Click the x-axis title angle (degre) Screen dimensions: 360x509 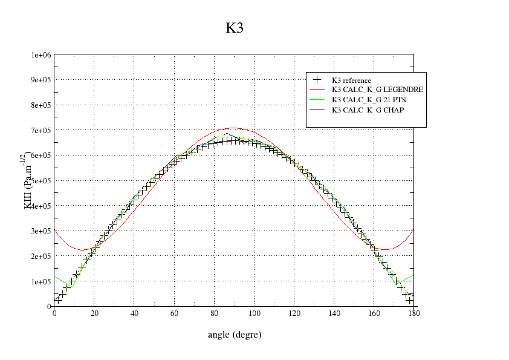pyautogui.click(x=235, y=334)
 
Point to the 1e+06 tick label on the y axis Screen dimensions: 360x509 pyautogui.click(x=40, y=55)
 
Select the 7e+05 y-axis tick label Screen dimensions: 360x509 pyautogui.click(x=40, y=131)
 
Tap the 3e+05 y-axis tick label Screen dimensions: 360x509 pyautogui.click(x=40, y=231)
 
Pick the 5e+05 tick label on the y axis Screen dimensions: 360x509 pyautogui.click(x=40, y=181)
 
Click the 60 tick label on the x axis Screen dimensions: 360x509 pyautogui.click(x=174, y=313)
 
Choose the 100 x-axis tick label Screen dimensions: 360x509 pyautogui.click(x=254, y=313)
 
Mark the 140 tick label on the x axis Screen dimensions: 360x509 pyautogui.click(x=334, y=313)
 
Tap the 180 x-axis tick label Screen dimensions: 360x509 pyautogui.click(x=413, y=313)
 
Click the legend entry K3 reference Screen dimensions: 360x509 pyautogui.click(x=351, y=80)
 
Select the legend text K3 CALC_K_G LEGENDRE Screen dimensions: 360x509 pyautogui.click(x=377, y=90)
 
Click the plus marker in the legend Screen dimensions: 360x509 pyautogui.click(x=317, y=80)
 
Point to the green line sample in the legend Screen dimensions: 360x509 pyautogui.click(x=317, y=100)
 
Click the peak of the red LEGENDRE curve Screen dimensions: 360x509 pyautogui.click(x=234, y=128)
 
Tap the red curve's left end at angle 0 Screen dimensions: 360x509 pyautogui.click(x=55, y=230)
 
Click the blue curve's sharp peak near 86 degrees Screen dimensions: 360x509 pyautogui.click(x=226, y=134)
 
